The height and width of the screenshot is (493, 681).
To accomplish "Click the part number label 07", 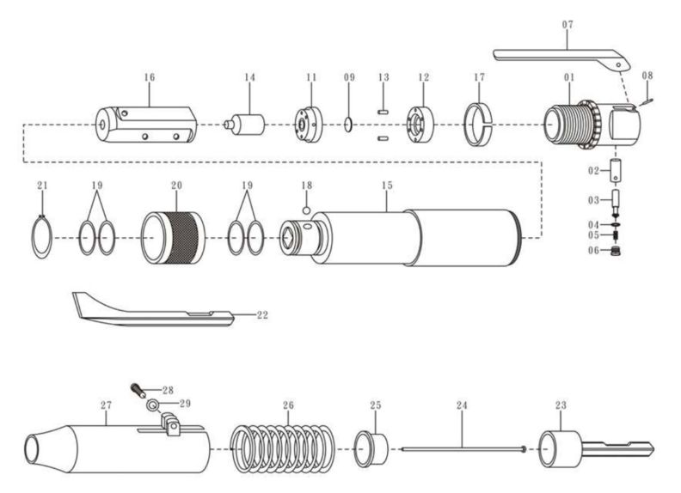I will coord(567,25).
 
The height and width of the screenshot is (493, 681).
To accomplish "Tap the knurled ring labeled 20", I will coord(175,236).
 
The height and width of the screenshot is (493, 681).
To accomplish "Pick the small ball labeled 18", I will coord(304,209).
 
